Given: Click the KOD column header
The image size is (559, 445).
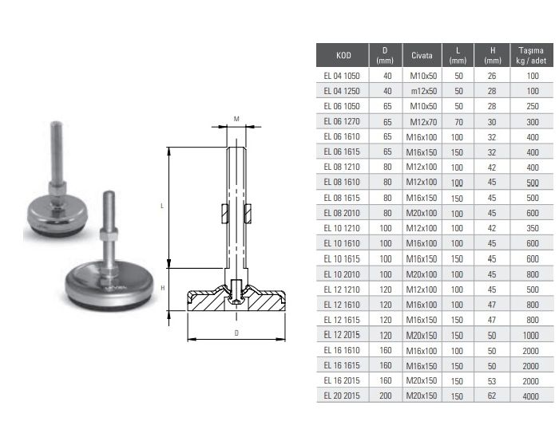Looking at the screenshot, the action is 343,56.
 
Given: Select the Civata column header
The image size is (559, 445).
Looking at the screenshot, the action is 422,56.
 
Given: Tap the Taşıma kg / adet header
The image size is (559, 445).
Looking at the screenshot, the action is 531,56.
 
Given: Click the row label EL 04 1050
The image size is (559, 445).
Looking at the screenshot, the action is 342,76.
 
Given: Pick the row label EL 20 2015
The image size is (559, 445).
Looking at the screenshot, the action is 342,396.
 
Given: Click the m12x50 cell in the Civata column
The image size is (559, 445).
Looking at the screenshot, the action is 424,91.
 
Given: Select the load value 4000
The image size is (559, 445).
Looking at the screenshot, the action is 530,396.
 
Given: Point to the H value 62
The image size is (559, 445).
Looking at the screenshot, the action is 492,396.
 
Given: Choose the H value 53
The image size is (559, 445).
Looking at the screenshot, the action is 492,381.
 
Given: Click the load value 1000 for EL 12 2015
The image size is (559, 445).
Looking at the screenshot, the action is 530,336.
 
